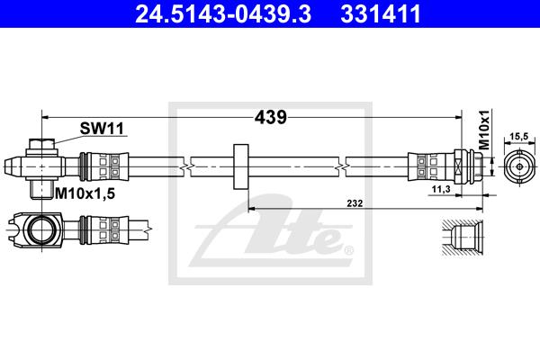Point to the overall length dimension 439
click(272, 117)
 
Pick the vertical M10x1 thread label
click(483, 130)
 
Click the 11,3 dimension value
click(441, 190)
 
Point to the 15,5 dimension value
click(518, 137)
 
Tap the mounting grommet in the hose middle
click(239, 166)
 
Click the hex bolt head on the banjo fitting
click(41, 144)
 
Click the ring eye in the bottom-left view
click(40, 229)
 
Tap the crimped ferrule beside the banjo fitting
click(97, 166)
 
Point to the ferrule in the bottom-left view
click(97, 229)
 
